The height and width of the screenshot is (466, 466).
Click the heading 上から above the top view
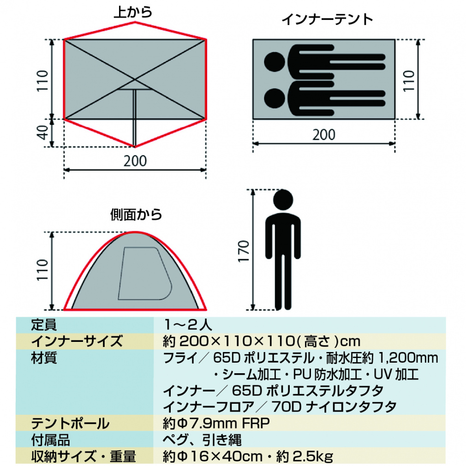[133, 12]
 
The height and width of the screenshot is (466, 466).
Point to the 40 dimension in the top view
[42, 133]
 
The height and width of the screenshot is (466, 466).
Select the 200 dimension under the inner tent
[324, 135]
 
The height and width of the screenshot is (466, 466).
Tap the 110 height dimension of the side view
[42, 271]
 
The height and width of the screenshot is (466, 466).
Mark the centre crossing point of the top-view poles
[135, 79]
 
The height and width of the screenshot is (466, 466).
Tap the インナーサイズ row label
[77, 341]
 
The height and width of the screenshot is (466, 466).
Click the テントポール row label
[70, 423]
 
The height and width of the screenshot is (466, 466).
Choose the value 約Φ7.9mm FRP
[216, 423]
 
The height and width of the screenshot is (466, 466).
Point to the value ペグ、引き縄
[203, 439]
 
